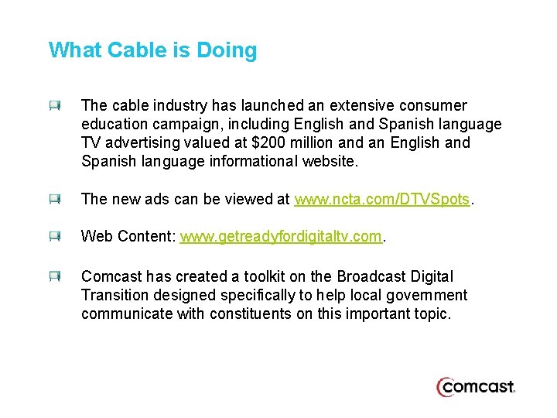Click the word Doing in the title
pyautogui.click(x=227, y=51)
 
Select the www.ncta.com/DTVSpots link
pyautogui.click(x=382, y=199)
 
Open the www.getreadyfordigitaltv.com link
pyautogui.click(x=281, y=236)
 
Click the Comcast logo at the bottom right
pyautogui.click(x=476, y=386)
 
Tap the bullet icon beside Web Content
pyautogui.click(x=54, y=237)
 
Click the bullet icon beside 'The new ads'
pyautogui.click(x=54, y=200)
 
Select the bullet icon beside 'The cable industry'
pyautogui.click(x=54, y=106)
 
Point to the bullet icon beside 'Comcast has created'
pyautogui.click(x=54, y=277)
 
